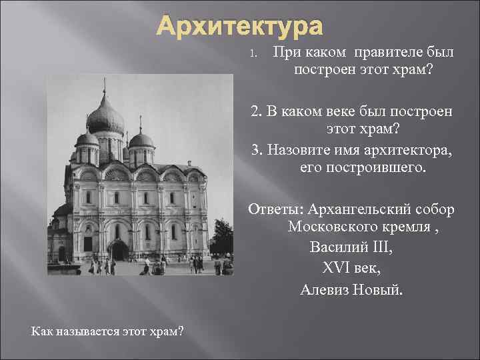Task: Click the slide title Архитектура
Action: tap(239, 27)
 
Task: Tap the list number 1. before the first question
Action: tap(253, 53)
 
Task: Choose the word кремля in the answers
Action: tap(417, 227)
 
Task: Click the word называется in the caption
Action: tap(83, 331)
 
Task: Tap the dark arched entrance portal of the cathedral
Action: tap(119, 250)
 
